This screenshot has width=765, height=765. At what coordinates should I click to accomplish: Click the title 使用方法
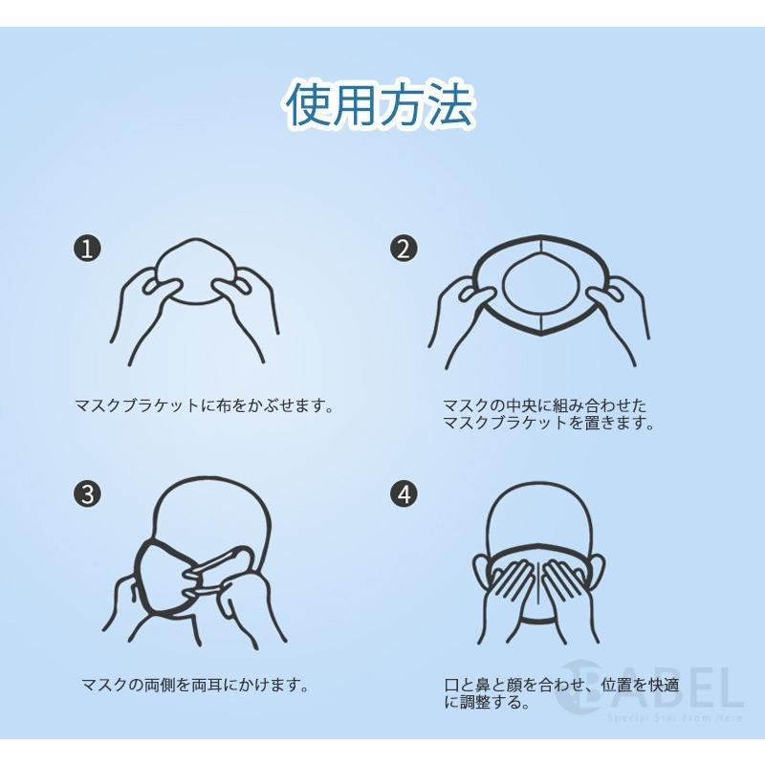[x=380, y=105]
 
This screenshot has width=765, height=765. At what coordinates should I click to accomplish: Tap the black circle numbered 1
[x=87, y=249]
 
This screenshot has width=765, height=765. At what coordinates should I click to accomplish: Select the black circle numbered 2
[x=404, y=249]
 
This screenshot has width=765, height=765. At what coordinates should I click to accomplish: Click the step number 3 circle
[x=87, y=494]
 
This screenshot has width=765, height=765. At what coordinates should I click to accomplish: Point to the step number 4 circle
[x=404, y=494]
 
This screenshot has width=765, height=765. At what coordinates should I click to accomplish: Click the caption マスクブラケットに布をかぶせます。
[x=205, y=405]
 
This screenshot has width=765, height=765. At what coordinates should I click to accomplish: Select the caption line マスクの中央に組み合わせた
[x=544, y=405]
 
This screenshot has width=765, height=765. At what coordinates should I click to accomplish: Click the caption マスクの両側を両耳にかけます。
[x=195, y=685]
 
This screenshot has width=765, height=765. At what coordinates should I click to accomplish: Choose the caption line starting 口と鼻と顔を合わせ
[x=561, y=685]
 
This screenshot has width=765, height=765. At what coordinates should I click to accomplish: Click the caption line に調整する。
[x=487, y=702]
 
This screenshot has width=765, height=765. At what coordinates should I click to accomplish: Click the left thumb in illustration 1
[x=161, y=287]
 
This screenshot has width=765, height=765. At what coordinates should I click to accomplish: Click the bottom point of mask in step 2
[x=540, y=334]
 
